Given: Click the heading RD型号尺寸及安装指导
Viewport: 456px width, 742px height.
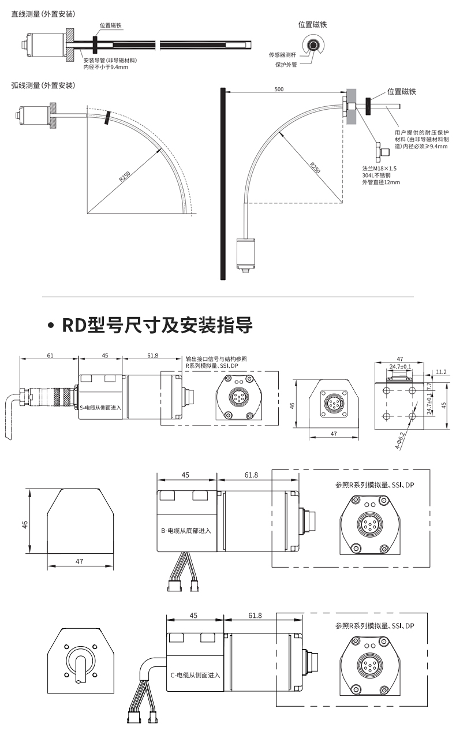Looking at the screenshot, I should pos(158,326).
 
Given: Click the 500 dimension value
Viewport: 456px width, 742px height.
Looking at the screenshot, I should pos(279,90).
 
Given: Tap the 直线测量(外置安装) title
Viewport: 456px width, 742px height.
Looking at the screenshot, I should pos(43,13).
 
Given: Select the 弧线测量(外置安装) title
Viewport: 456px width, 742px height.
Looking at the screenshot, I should pos(43,85).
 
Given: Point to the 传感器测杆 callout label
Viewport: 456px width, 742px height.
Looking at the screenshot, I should pos(283,55).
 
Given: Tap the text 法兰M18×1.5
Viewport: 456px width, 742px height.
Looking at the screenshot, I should pos(379,169).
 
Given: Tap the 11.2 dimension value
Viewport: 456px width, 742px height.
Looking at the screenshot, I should pos(442,372).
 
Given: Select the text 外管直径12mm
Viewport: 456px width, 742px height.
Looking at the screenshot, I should pos(380,182).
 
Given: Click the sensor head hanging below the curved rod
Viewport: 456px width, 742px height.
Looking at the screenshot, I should pos(245,255).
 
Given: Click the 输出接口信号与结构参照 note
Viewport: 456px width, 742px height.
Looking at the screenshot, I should pos(216,359).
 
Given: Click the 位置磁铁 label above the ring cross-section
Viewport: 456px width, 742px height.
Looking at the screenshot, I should pos(312,25).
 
